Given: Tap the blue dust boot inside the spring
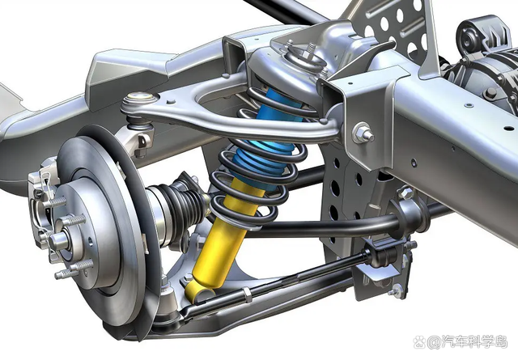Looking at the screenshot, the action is click(265, 138).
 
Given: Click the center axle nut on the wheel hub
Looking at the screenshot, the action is click(58, 241).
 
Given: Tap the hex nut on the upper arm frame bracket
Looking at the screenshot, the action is click(363, 133).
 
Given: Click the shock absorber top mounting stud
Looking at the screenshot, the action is click(312, 47).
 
